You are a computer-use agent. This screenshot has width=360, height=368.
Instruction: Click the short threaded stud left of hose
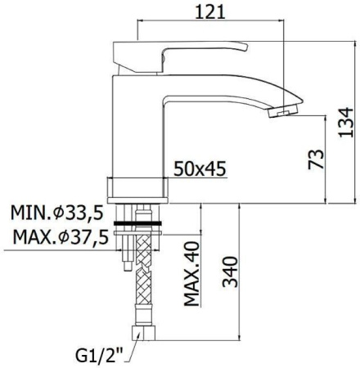127,258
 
